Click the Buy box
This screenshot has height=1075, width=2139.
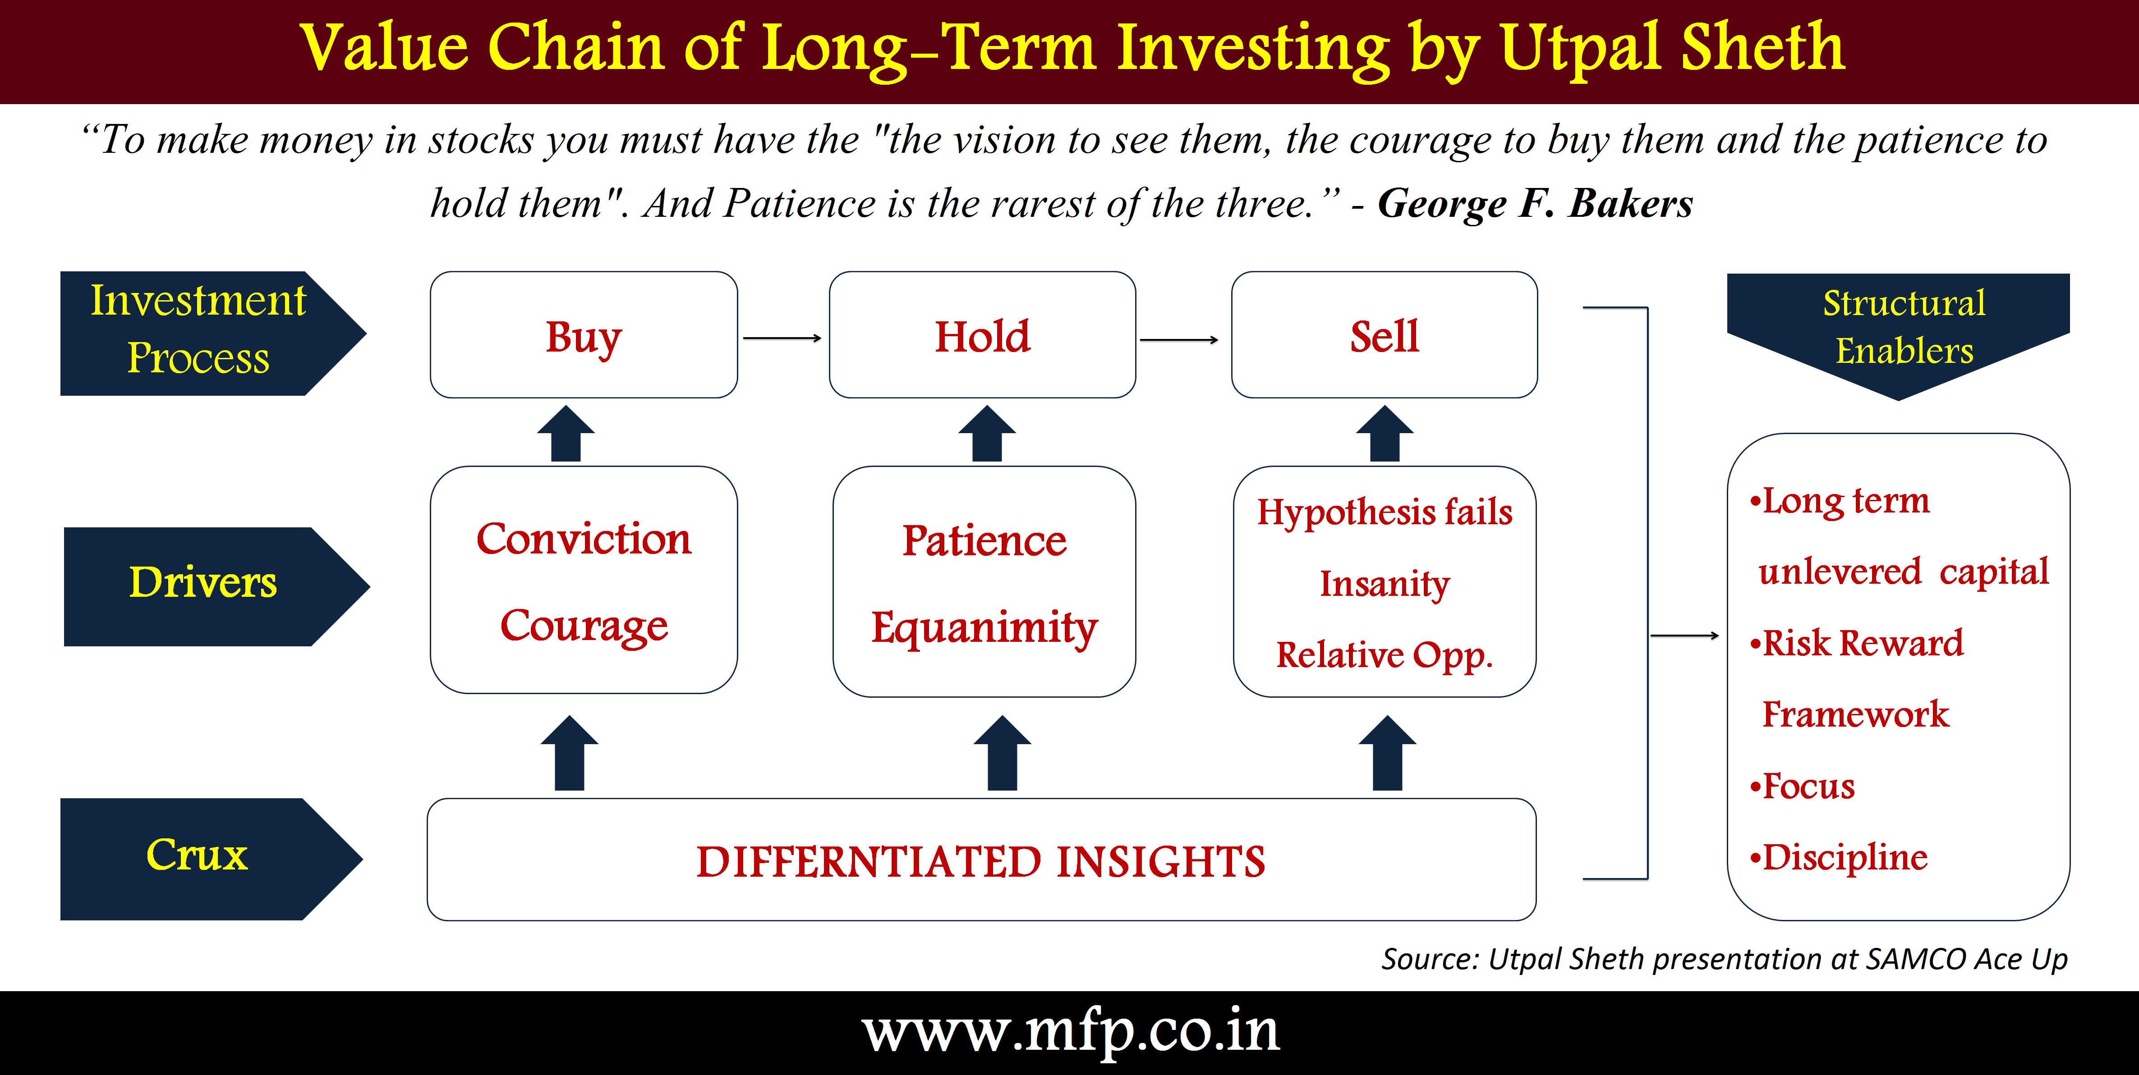584,334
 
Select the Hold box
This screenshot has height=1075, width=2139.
982,334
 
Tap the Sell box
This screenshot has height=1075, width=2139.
1384,334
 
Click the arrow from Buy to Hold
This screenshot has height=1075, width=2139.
782,338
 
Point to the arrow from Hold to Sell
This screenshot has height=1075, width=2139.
1179,339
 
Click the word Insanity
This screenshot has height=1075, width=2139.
1385,584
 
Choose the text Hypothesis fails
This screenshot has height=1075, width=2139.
1385,512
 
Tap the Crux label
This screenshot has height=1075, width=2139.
197,855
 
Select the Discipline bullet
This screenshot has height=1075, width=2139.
1838,857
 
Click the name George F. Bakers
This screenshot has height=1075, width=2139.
1535,203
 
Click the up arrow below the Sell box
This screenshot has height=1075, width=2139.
1385,433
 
